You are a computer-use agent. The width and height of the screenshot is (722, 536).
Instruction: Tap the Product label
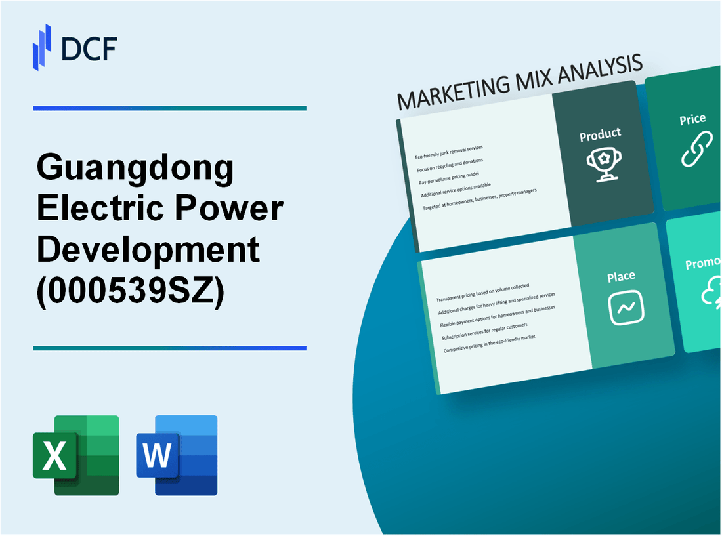pyautogui.click(x=600, y=135)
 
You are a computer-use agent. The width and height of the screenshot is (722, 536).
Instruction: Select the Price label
pyautogui.click(x=692, y=119)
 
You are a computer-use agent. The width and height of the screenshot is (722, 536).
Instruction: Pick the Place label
pyautogui.click(x=620, y=277)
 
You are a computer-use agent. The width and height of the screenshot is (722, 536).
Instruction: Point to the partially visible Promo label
pyautogui.click(x=703, y=264)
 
